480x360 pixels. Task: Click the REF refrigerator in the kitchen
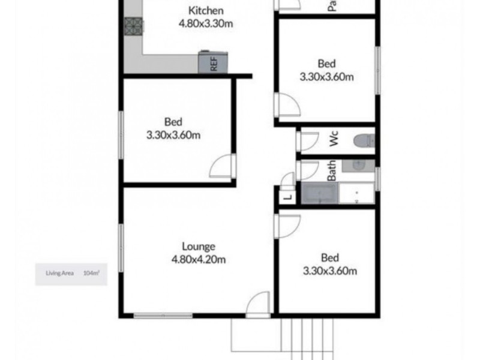[x=213, y=62]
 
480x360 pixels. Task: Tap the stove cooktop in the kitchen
[x=133, y=25]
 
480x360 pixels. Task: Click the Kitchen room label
[x=206, y=11]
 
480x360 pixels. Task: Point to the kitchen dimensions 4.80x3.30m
[x=206, y=24]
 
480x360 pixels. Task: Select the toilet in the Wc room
[x=364, y=142]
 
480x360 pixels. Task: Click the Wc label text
[x=334, y=142]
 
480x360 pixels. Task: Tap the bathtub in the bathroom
[x=319, y=194]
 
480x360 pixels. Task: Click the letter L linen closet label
[x=287, y=197]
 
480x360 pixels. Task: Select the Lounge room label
[x=198, y=247]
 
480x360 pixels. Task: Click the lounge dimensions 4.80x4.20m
[x=198, y=259]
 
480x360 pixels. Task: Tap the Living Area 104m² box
[x=71, y=273]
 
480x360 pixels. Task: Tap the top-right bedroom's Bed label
[x=326, y=63]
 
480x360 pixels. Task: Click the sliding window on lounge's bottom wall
[x=163, y=314]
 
